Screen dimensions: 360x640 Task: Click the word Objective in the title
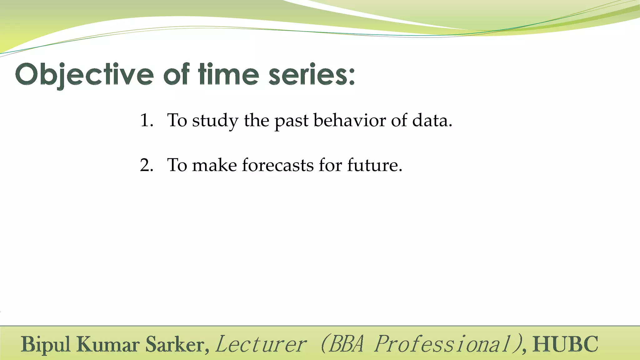[84, 75]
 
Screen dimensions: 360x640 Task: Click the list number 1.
[146, 120]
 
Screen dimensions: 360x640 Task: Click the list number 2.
[146, 165]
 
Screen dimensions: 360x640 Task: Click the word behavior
[349, 120]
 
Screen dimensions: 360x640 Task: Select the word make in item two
[214, 165]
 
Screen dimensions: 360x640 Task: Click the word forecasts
[277, 165]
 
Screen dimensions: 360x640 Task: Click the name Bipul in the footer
[46, 344]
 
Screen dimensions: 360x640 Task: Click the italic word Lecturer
[261, 344]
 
